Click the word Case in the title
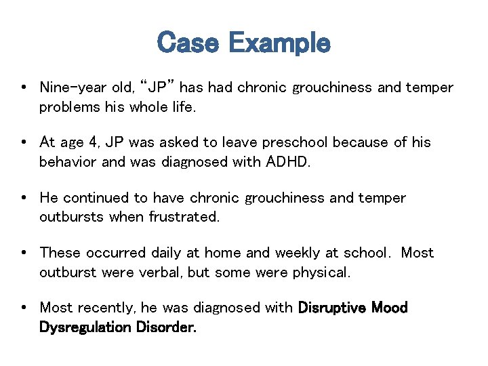pyautogui.click(x=188, y=43)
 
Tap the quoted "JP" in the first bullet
pyautogui.click(x=158, y=87)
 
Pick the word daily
pyautogui.click(x=165, y=253)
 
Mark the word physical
pyautogui.click(x=321, y=272)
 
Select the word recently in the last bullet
pyautogui.click(x=106, y=308)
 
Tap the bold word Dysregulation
pyautogui.click(x=85, y=327)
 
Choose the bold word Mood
pyautogui.click(x=390, y=308)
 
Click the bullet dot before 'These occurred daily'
pyautogui.click(x=24, y=253)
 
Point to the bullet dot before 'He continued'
pyautogui.click(x=24, y=198)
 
